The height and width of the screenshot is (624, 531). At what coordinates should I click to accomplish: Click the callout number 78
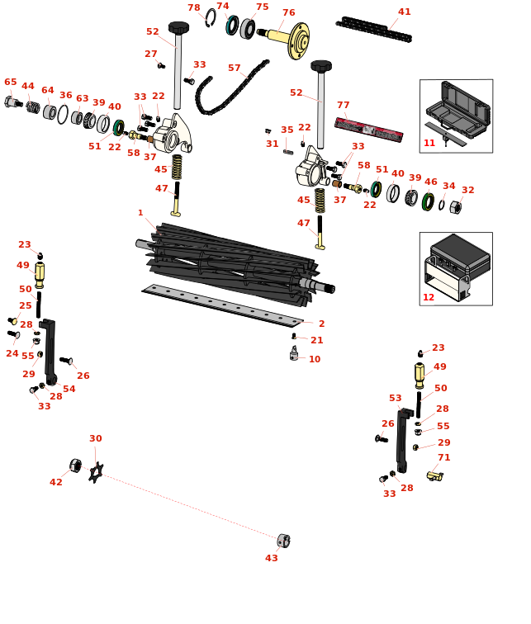tap(193, 8)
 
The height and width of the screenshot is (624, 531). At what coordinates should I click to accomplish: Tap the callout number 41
tap(404, 12)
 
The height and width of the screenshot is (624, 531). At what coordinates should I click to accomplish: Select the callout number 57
tap(235, 69)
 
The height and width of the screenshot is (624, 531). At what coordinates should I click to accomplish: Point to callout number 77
tap(343, 106)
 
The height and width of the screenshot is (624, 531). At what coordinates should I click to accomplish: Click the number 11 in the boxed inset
tap(429, 144)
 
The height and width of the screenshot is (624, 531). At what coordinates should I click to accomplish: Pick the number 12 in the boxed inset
tap(428, 297)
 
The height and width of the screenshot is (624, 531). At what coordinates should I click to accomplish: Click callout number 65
tap(10, 83)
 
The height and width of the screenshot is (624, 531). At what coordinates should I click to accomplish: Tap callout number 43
tap(271, 559)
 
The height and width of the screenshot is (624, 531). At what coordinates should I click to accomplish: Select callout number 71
tap(443, 458)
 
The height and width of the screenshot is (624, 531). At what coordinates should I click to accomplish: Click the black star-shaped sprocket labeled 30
tap(96, 472)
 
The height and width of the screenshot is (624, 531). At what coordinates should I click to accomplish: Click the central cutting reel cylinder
tap(231, 260)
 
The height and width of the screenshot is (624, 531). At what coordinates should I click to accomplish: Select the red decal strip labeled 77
tap(368, 130)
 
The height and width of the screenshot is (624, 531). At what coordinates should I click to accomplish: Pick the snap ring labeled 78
tap(211, 17)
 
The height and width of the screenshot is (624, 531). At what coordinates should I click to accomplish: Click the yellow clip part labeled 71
tap(435, 476)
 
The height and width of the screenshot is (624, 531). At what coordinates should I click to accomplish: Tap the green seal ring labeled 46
tap(428, 201)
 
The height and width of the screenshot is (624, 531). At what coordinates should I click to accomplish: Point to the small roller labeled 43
tap(283, 541)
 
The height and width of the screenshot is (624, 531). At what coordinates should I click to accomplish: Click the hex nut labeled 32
tap(455, 207)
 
